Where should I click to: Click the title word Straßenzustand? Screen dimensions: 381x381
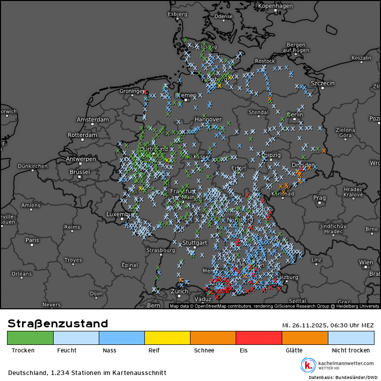click(x=58, y=324)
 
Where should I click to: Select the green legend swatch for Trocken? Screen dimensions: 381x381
click(x=30, y=338)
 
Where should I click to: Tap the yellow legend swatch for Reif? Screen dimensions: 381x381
click(x=167, y=338)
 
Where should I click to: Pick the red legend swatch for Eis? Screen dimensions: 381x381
click(x=259, y=338)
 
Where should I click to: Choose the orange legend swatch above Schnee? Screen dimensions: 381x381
click(x=213, y=338)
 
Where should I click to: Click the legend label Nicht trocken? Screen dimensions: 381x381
click(x=351, y=350)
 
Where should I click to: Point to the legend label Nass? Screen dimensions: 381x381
click(x=109, y=350)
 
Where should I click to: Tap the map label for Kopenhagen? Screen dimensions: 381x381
click(x=275, y=6)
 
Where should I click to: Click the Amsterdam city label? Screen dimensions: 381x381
click(x=92, y=120)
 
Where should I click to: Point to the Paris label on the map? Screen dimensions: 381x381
click(x=32, y=240)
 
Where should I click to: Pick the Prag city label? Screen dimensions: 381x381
click(x=319, y=198)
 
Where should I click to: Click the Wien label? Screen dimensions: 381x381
click(x=365, y=262)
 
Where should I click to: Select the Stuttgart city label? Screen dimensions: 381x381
click(x=195, y=243)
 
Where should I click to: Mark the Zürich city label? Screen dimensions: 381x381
click(x=179, y=291)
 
